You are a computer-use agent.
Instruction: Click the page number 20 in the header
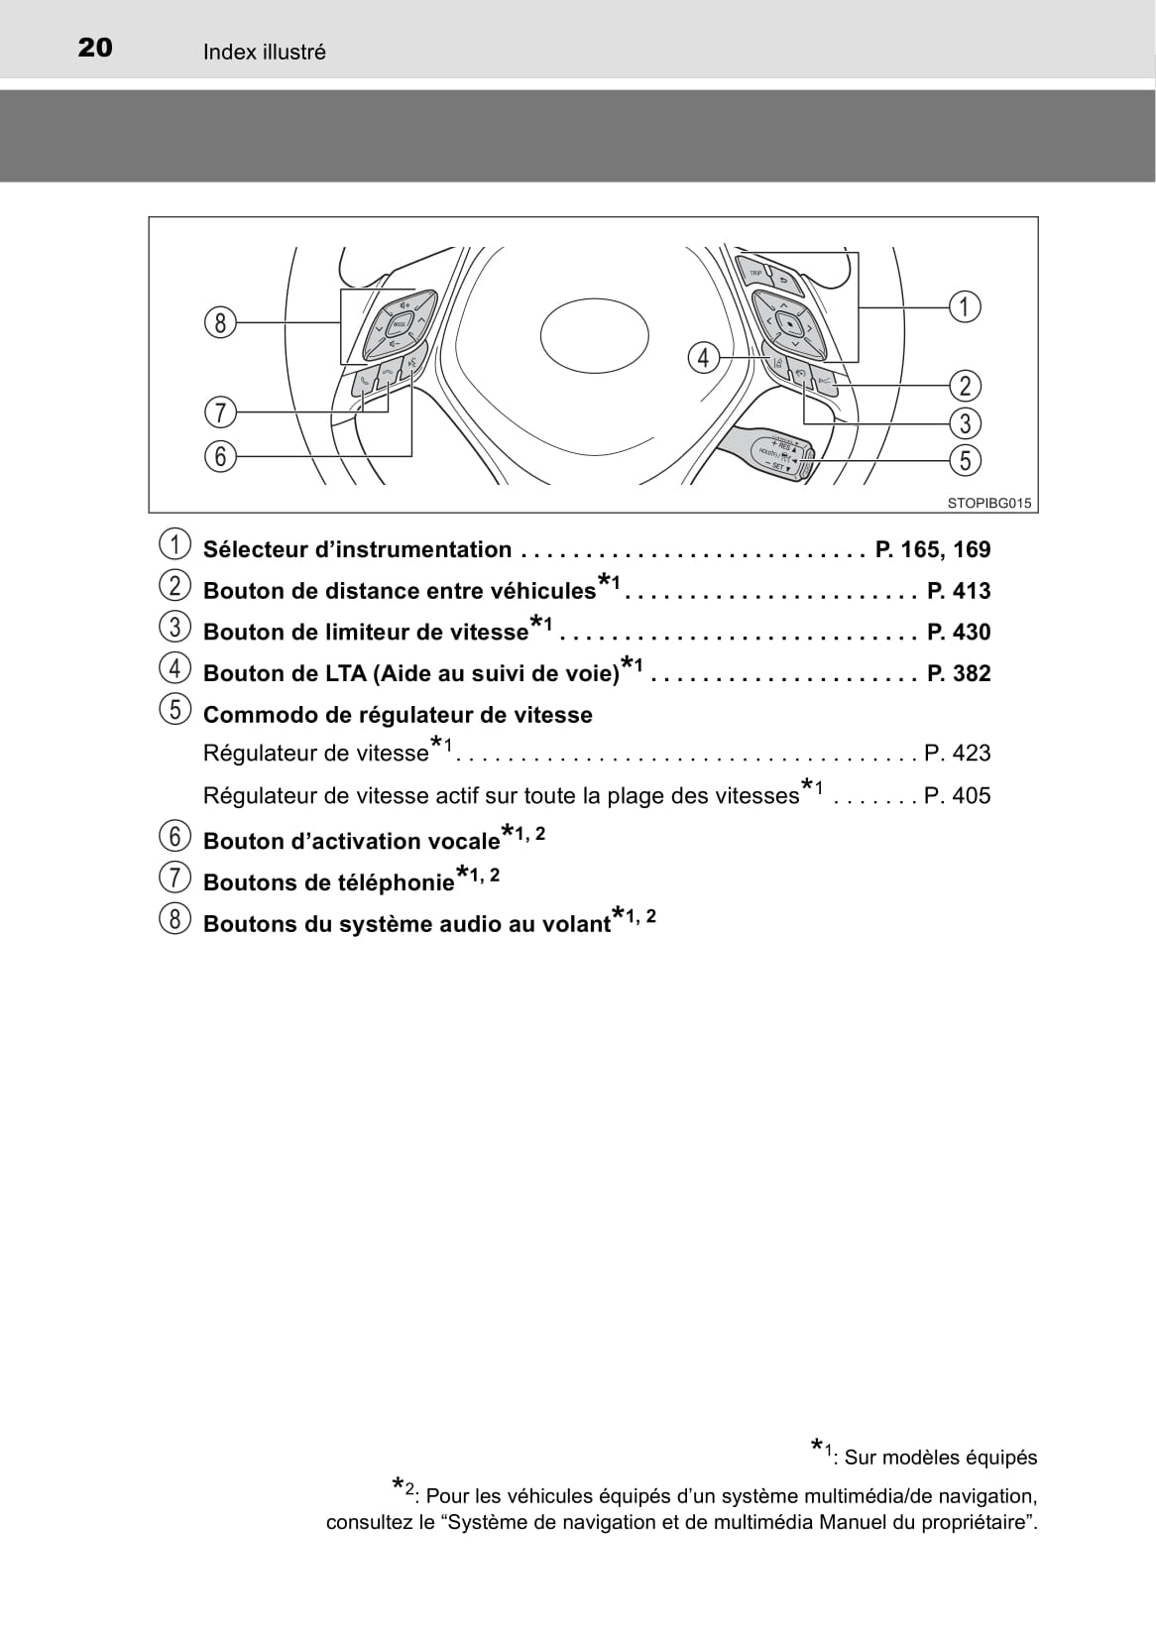[x=95, y=49]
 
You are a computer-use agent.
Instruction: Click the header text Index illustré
[x=264, y=53]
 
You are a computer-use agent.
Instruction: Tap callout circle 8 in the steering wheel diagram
[x=221, y=322]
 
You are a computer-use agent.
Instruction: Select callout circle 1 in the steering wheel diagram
[x=965, y=306]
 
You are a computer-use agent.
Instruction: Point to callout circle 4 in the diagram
[x=703, y=357]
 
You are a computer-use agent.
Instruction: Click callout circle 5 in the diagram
[x=965, y=460]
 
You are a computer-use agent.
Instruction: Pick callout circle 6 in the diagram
[x=221, y=456]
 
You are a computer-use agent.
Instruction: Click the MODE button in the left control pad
[x=399, y=325]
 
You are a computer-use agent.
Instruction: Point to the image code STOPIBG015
[x=988, y=503]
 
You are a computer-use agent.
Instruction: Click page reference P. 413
[x=959, y=591]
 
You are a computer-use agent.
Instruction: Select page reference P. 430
[x=959, y=633]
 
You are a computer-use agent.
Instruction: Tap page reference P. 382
[x=959, y=673]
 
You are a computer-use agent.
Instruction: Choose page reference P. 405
[x=957, y=795]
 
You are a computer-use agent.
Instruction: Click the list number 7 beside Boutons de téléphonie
[x=174, y=879]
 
